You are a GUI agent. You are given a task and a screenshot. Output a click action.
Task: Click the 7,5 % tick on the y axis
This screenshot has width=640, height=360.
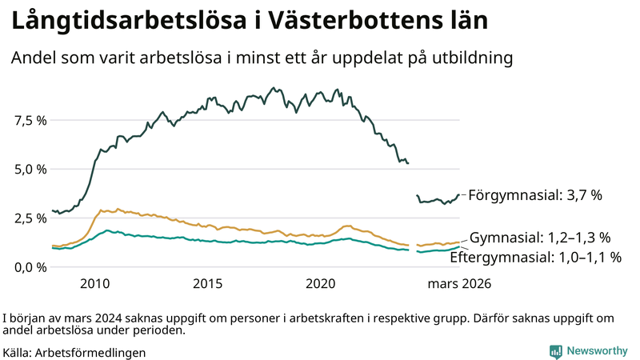30,120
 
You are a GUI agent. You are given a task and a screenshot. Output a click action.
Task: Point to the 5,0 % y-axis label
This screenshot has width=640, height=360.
30,169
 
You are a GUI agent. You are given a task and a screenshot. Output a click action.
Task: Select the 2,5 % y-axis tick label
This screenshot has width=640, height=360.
30,218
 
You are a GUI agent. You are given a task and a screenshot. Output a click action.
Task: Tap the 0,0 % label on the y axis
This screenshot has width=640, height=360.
30,266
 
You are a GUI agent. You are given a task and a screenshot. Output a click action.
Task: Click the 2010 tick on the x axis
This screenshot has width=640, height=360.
94,284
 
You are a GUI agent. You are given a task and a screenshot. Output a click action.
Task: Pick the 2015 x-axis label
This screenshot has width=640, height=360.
208,284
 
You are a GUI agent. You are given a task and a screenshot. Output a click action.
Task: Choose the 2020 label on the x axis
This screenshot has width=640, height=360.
321,284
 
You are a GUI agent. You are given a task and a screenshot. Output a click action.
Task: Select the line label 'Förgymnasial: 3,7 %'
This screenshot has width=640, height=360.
534,194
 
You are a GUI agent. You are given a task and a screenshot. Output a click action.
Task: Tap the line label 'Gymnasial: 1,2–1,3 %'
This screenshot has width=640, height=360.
540,238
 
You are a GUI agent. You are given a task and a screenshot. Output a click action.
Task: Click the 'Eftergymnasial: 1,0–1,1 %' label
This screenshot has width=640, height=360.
535,257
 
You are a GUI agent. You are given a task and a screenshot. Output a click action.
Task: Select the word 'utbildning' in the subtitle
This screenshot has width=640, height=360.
473,58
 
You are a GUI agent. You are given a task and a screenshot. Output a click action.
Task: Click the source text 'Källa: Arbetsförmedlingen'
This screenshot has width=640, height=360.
74,351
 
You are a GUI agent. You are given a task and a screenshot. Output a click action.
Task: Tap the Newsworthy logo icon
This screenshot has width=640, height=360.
555,351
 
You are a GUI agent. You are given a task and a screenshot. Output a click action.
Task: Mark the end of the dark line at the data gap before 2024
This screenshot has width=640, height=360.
408,163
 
